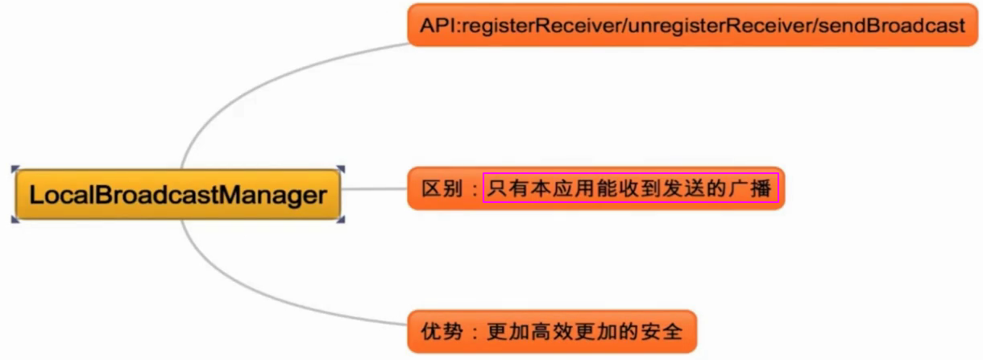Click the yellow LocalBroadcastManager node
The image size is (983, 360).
pos(177,195)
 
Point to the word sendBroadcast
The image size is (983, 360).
pos(891,26)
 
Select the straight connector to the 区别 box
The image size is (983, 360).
pos(374,190)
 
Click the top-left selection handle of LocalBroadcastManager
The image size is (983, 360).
pos(15,168)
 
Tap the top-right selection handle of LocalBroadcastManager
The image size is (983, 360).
pos(341,168)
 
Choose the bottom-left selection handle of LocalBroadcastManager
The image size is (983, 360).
pos(15,219)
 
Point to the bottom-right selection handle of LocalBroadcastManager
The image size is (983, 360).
pos(341,219)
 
